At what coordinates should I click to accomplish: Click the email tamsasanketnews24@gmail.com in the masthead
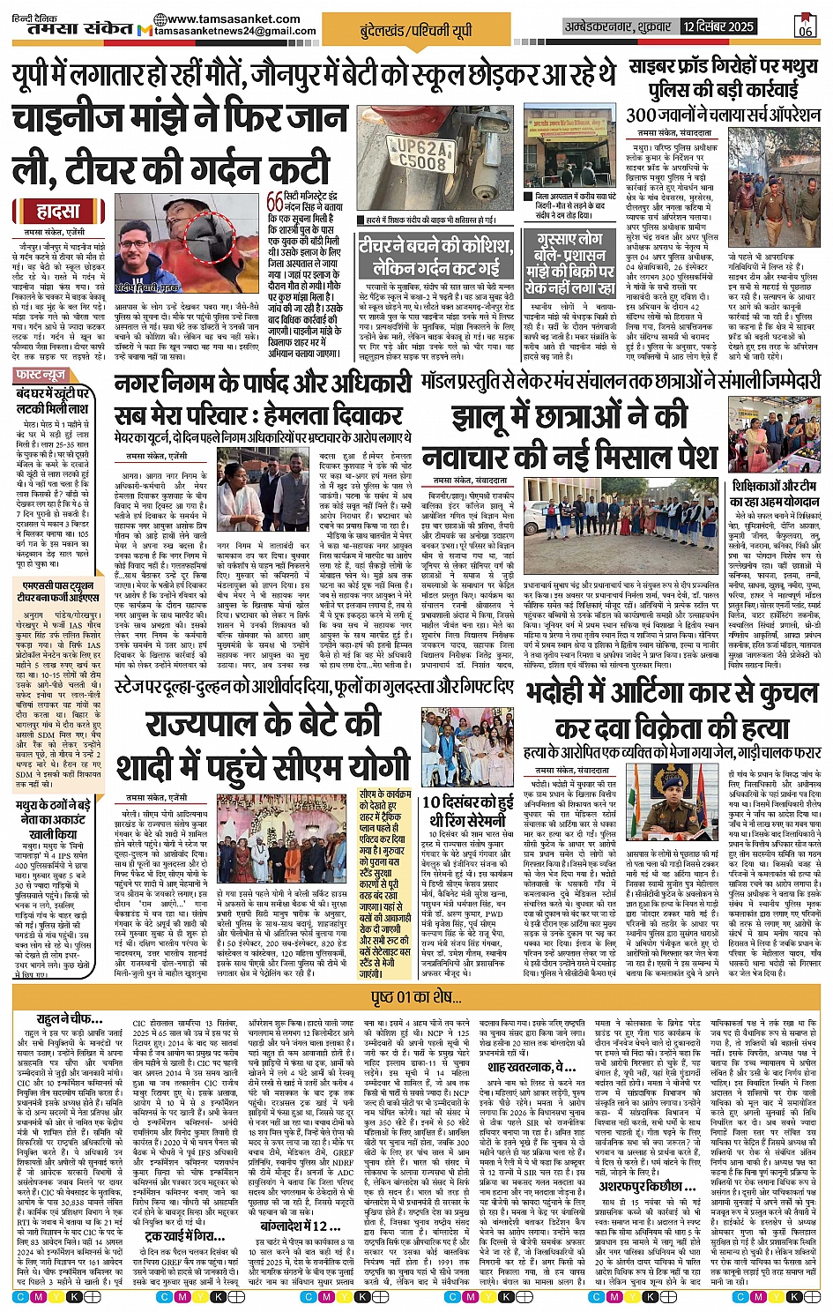pyautogui.click(x=234, y=32)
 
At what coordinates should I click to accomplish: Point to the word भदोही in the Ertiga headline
pyautogui.click(x=564, y=693)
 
